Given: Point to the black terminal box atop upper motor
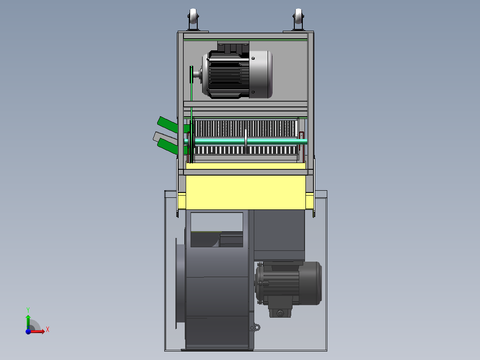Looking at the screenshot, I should (232, 47).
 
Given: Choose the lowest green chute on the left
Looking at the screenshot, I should (169, 145).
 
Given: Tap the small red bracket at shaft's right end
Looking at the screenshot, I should (301, 134).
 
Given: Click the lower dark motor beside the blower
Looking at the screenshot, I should (289, 283).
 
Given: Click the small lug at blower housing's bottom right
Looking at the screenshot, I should (256, 327).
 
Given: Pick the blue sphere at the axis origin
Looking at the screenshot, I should (28, 331).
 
